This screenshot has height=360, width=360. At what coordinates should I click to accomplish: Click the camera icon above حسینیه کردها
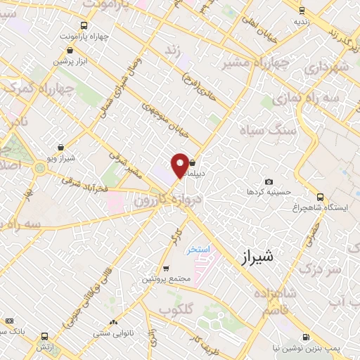click(x=268, y=182)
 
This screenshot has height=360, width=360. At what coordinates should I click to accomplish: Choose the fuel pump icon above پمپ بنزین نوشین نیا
click(x=307, y=337)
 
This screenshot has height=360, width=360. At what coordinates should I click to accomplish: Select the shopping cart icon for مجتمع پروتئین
click(x=166, y=269)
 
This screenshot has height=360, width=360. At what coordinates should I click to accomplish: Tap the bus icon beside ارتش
click(x=46, y=337)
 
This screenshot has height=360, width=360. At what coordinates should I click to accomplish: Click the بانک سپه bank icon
click(x=9, y=321)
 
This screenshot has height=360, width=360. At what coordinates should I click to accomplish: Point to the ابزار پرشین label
click(x=70, y=60)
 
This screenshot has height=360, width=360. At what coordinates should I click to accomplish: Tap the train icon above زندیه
click(x=302, y=11)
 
